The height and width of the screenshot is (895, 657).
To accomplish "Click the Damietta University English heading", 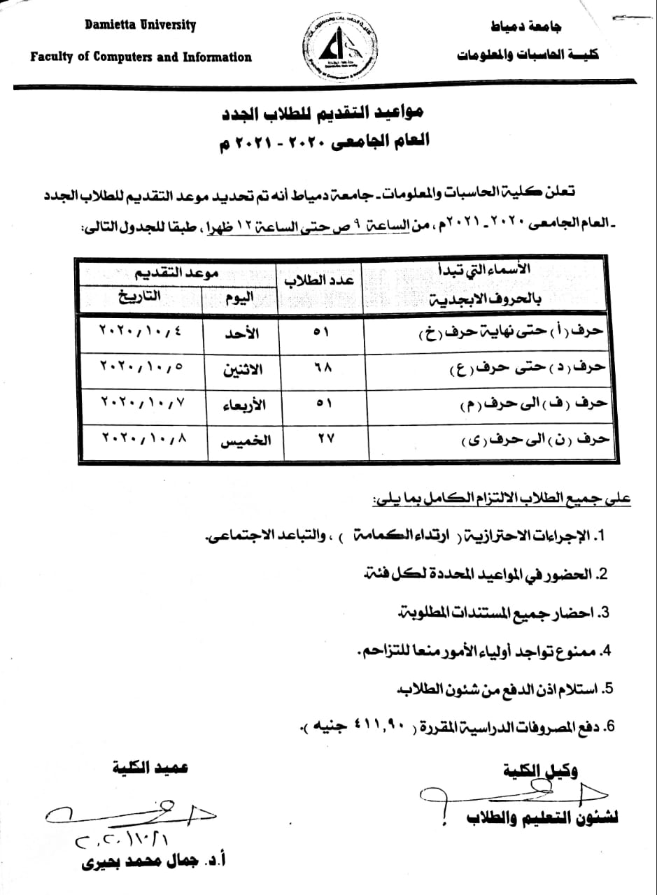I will click(140, 27).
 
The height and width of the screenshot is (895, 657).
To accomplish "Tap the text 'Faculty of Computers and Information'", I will click(141, 57).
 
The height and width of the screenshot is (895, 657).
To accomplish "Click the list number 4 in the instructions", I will click(606, 651).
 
